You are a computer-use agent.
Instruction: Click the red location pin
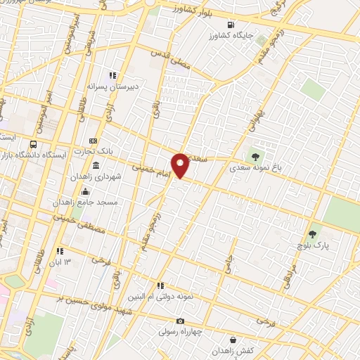pos(181,165)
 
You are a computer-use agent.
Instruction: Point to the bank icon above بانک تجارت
pos(93,141)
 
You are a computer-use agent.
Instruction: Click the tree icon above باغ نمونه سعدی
pos(253,157)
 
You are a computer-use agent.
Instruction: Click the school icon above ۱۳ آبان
pos(60,251)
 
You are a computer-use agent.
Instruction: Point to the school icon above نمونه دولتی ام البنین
pos(162,286)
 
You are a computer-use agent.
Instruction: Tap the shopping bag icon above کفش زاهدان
pos(221,340)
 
